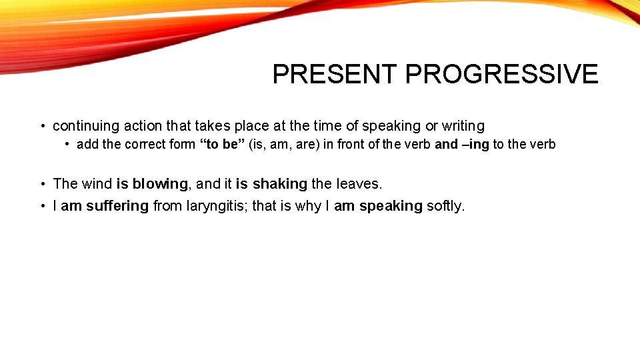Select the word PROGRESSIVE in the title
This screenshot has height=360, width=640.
pyautogui.click(x=502, y=74)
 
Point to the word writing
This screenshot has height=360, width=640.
pyautogui.click(x=463, y=126)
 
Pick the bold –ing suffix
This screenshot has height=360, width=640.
pyautogui.click(x=475, y=145)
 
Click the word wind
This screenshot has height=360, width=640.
pyautogui.click(x=97, y=184)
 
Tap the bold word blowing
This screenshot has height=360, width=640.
pyautogui.click(x=160, y=184)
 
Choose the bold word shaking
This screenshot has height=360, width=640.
pyautogui.click(x=279, y=184)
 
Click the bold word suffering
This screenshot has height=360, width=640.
pyautogui.click(x=117, y=206)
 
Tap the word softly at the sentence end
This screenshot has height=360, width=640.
pyautogui.click(x=445, y=206)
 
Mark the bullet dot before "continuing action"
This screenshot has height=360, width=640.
pyautogui.click(x=42, y=127)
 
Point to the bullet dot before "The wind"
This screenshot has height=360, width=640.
pyautogui.click(x=42, y=185)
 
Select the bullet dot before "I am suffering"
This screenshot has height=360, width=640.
pyautogui.click(x=42, y=207)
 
